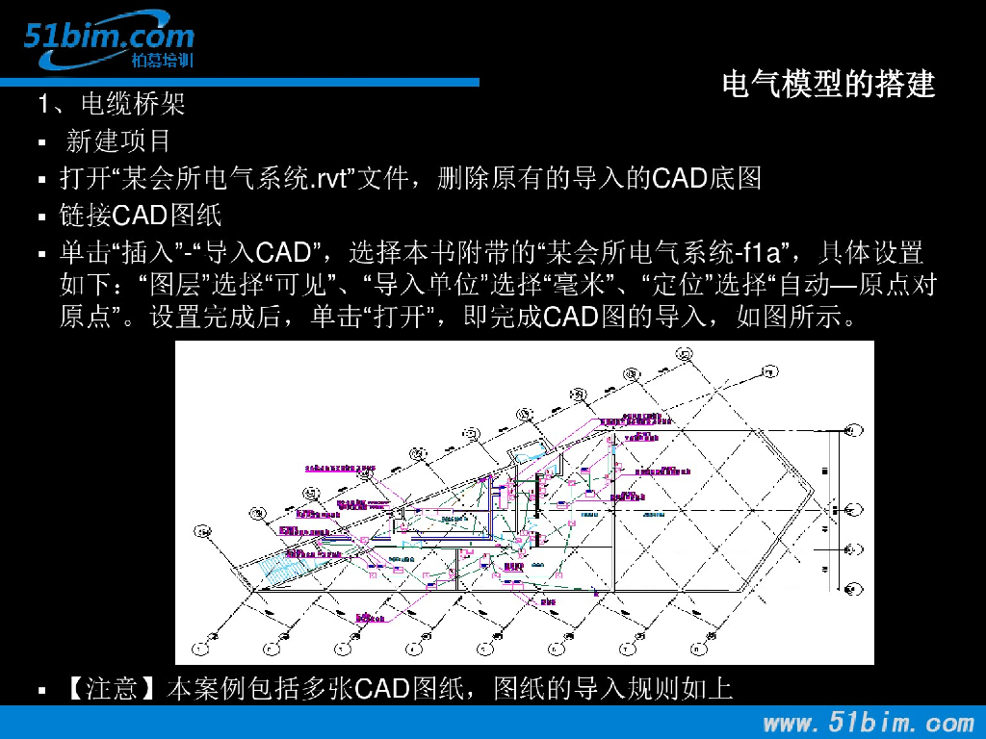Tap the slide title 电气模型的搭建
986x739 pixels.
tap(828, 85)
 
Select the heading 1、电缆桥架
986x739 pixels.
tap(112, 103)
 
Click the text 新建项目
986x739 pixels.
tap(118, 141)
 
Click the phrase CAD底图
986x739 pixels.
tap(707, 179)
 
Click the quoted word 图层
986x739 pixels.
tap(169, 285)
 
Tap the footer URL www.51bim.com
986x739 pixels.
tap(869, 722)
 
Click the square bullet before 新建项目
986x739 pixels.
tap(41, 143)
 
